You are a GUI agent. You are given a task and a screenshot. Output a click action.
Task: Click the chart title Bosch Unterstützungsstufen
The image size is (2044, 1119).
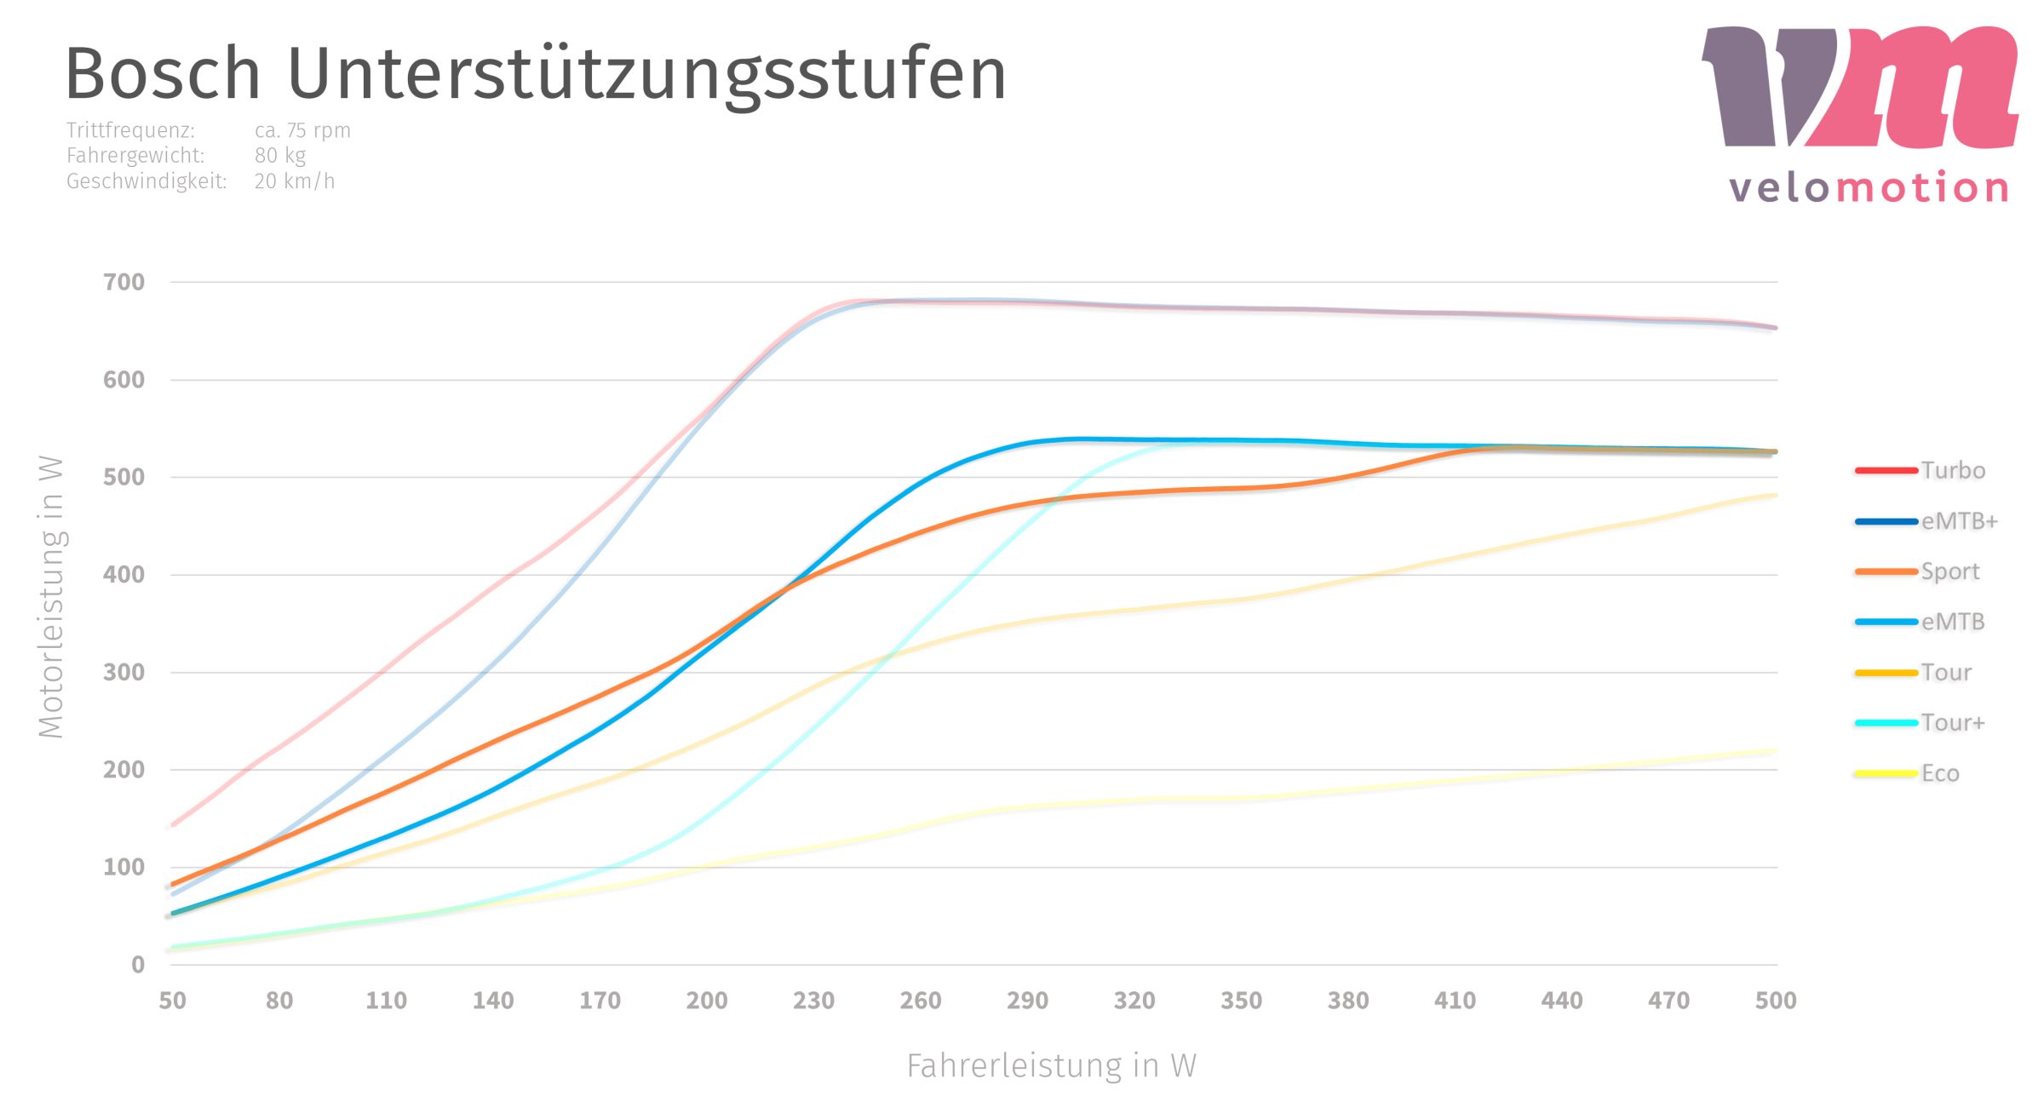tap(535, 75)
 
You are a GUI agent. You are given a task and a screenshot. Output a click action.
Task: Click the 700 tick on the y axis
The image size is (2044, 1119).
tap(124, 283)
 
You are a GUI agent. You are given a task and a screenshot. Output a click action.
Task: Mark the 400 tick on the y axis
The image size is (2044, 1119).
tap(124, 575)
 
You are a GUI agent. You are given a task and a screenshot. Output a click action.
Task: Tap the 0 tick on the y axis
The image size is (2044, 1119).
tap(138, 965)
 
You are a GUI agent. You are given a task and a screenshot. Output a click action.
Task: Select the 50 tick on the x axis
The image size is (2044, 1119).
tap(172, 1001)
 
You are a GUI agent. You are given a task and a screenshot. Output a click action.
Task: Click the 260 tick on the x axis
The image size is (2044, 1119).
tap(921, 1001)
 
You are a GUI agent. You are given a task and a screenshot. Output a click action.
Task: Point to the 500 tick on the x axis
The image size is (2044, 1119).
tap(1776, 1001)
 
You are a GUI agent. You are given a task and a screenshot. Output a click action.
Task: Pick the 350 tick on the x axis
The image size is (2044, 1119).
tap(1241, 1001)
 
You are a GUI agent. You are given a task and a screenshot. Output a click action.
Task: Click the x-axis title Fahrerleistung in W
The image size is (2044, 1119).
tap(1051, 1065)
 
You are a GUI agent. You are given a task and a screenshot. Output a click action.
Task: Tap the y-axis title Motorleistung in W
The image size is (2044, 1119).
tap(51, 596)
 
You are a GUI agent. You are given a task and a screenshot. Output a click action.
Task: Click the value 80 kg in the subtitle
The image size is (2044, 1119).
tap(279, 156)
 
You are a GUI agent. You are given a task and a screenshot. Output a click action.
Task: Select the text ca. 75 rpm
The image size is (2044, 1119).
tap(302, 130)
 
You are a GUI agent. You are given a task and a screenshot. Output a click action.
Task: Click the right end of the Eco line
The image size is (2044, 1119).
tap(1774, 750)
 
